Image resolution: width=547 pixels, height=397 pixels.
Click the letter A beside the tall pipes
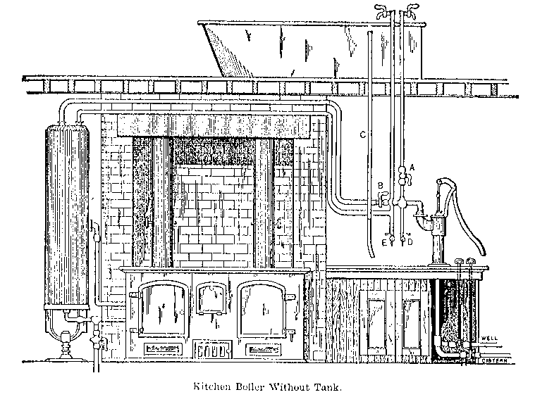(x=411, y=167)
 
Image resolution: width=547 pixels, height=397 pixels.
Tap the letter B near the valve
(x=380, y=186)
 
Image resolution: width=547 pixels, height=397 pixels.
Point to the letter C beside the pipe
(x=362, y=134)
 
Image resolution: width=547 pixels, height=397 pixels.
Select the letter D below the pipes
(x=410, y=241)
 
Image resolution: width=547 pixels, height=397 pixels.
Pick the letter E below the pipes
(x=384, y=241)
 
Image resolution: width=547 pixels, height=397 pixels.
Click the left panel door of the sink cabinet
(x=373, y=324)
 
